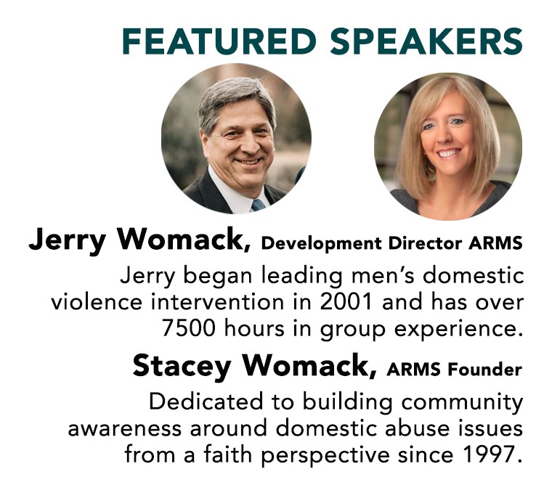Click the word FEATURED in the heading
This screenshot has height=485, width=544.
219,41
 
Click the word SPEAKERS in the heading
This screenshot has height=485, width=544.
426,41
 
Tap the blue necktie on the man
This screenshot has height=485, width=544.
258,205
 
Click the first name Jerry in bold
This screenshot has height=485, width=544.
67,241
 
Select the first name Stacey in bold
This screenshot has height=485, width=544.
182,367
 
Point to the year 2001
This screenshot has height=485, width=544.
346,302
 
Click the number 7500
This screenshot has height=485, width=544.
188,328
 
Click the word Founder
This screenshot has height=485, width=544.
485,370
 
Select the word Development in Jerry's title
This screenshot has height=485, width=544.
321,244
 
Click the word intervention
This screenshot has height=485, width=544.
218,302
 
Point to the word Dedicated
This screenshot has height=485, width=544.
206,402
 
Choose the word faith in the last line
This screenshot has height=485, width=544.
227,454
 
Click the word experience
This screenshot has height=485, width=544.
458,330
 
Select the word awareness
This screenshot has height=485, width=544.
124,429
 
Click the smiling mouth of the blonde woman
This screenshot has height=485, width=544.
450,153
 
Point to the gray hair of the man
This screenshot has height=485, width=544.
235,97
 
